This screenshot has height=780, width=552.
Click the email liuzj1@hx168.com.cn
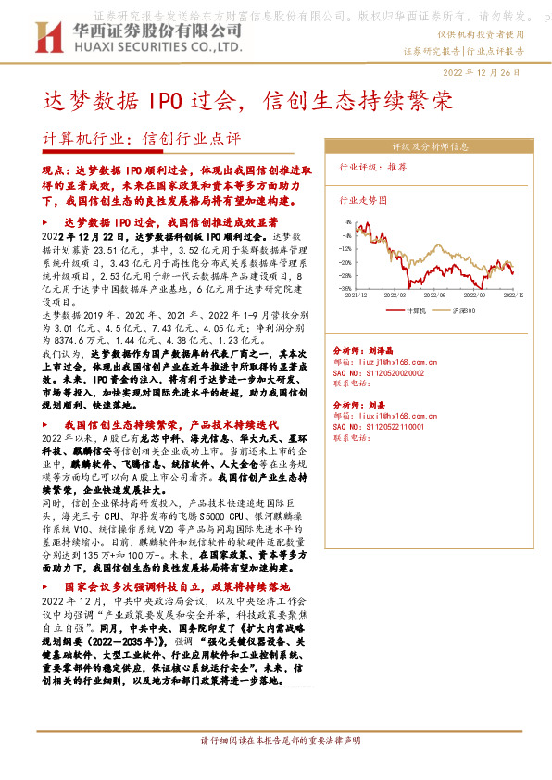389,362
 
